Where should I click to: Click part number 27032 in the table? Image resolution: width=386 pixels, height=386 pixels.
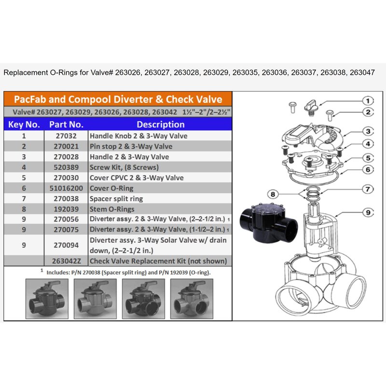[66, 136]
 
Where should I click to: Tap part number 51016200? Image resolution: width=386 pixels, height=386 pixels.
[66, 188]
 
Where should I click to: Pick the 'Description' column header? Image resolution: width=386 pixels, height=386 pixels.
[161, 124]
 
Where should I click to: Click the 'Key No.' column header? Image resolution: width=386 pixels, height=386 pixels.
[24, 124]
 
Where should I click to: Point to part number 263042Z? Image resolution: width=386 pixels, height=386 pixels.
[66, 261]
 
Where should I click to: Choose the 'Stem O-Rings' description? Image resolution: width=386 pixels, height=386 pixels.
[112, 209]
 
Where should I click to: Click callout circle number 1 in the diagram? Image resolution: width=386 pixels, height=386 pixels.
[368, 101]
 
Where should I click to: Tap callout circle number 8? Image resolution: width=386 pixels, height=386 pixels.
[273, 194]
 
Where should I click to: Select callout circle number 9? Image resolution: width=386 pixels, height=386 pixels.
[368, 212]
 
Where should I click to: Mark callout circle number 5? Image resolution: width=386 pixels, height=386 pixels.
[368, 158]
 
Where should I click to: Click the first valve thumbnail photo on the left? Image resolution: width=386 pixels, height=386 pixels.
[47, 299]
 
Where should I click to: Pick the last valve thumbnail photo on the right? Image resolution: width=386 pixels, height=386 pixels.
[192, 299]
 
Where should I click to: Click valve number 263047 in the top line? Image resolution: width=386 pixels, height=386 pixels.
[362, 73]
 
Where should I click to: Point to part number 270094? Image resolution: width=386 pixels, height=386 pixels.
[66, 245]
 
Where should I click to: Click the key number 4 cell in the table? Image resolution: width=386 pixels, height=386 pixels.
[24, 167]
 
